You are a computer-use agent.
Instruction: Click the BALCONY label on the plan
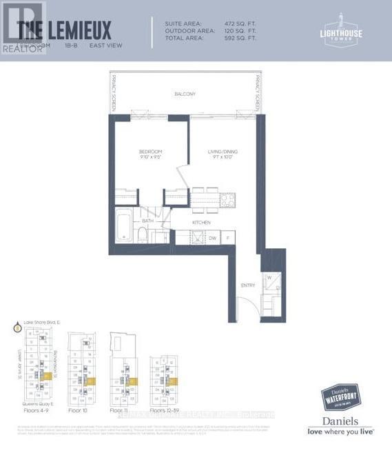point(185,94)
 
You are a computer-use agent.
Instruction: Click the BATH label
point(147,221)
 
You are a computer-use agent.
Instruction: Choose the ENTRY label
point(247,285)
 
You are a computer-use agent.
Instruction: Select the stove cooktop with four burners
point(227,199)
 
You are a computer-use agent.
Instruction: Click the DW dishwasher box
point(213,238)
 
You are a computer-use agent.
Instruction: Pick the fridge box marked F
point(227,238)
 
